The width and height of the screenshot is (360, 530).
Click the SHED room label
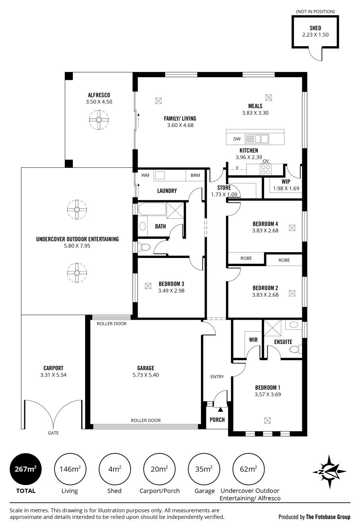point(315,28)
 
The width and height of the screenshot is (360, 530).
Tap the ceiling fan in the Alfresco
point(99,120)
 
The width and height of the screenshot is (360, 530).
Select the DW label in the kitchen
point(237,139)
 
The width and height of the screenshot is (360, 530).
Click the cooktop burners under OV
point(266,169)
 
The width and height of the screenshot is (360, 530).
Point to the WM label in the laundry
point(145,175)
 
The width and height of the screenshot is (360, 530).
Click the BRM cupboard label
point(195,175)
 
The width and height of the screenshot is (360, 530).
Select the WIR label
point(253,340)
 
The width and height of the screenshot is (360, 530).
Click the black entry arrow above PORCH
point(220,409)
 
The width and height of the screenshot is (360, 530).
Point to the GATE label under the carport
point(53,433)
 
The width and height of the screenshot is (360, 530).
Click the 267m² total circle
point(25,469)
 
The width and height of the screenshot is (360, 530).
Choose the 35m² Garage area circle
point(204,469)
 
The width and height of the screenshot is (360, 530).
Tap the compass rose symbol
point(329,472)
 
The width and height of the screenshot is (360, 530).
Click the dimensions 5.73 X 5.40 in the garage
point(146,375)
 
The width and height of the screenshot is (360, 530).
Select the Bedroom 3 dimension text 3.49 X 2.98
point(171,291)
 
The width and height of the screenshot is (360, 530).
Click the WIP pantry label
point(286,181)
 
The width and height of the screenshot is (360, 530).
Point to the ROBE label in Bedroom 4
point(246,258)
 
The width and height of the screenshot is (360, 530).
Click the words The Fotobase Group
point(328,517)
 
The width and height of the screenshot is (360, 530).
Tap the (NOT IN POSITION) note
point(315,12)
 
